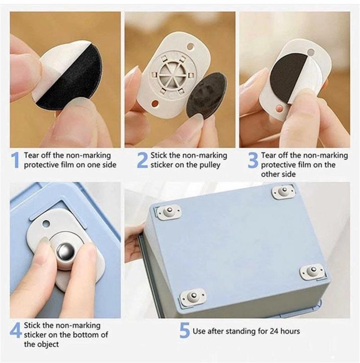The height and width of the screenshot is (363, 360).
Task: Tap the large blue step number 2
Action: tap(142, 160)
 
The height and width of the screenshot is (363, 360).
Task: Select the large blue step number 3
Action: tap(253, 160)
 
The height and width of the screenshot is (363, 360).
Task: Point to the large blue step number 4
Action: tap(16, 330)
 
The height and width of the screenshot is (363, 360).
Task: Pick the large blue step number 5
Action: tap(185, 330)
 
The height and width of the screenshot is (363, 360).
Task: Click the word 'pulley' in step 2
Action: tap(208, 165)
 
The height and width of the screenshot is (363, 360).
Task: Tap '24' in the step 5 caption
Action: tap(274, 331)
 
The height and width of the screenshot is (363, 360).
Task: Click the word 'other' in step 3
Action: tap(270, 174)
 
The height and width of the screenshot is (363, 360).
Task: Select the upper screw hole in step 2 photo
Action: tap(190, 46)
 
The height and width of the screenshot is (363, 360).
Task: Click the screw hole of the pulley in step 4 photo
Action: tap(46, 224)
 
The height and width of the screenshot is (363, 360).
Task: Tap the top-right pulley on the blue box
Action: tap(283, 191)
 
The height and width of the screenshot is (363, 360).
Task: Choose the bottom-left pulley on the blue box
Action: tap(193, 296)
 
